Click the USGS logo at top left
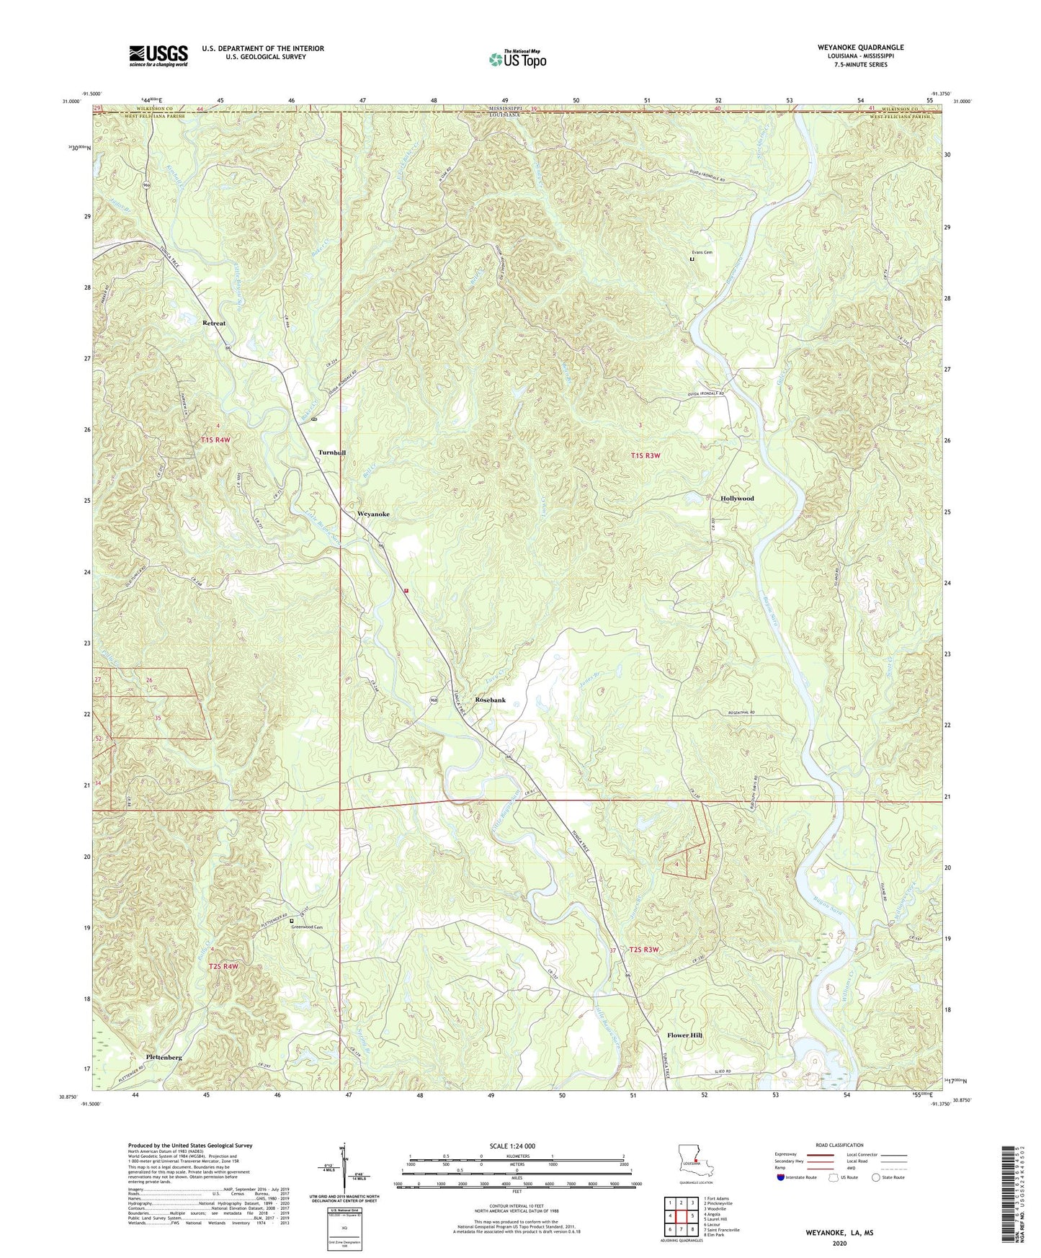(158, 55)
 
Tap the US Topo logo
(517, 59)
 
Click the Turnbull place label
(332, 452)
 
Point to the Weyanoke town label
(373, 514)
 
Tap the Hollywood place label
(737, 499)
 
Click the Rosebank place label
(490, 700)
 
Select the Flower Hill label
(680, 1035)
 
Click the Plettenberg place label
(164, 1057)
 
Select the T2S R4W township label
(223, 966)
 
